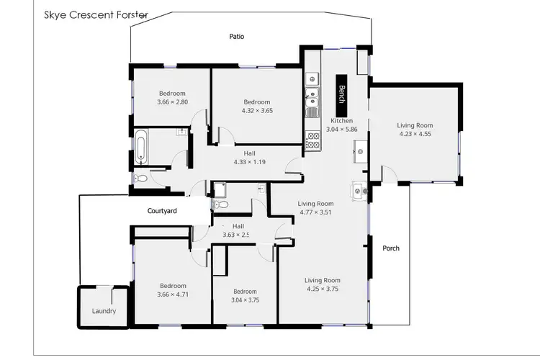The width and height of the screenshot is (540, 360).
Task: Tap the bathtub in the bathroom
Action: tap(142, 148)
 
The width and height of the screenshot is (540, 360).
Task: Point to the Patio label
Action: tap(237, 36)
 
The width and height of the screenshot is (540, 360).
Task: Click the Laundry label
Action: tap(104, 312)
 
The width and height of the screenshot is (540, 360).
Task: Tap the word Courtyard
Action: tap(162, 211)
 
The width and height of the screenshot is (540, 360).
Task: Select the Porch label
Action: tap(391, 248)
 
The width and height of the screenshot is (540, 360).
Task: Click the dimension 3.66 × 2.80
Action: tap(172, 102)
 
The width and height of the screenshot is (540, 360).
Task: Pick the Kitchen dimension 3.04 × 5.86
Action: tap(341, 130)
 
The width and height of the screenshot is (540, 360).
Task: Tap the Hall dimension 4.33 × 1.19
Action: tap(250, 162)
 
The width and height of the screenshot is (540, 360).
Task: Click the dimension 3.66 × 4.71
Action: tap(173, 294)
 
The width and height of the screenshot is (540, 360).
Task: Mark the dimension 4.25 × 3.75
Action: tap(321, 289)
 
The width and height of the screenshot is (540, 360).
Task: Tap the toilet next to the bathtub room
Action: tap(141, 178)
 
